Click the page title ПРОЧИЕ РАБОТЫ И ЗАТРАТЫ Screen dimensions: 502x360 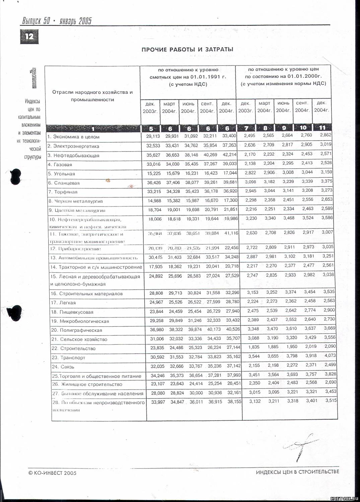click(x=187, y=50)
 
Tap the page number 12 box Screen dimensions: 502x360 click(x=29, y=36)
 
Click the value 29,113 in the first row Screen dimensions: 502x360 click(x=153, y=136)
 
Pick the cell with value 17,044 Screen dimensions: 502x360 click(x=230, y=173)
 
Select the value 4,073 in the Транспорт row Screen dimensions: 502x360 click(x=330, y=355)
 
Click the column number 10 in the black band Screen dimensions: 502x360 click(x=303, y=128)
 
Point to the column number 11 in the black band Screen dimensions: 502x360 click(x=322, y=128)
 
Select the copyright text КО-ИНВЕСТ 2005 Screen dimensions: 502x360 click(x=53, y=473)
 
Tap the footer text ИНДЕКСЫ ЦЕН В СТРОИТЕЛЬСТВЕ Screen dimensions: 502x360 click(x=297, y=472)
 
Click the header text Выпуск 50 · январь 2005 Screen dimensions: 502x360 click(x=57, y=21)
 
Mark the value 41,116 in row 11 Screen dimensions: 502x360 click(x=231, y=233)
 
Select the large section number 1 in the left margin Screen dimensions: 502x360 click(x=33, y=78)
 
